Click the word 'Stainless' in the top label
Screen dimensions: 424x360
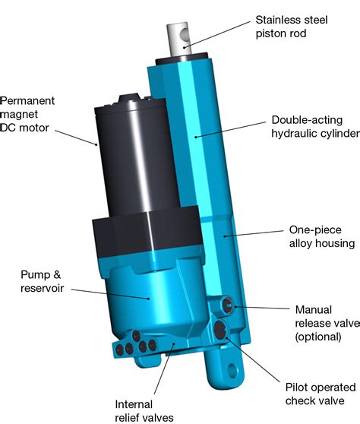pyautogui.click(x=277, y=19)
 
